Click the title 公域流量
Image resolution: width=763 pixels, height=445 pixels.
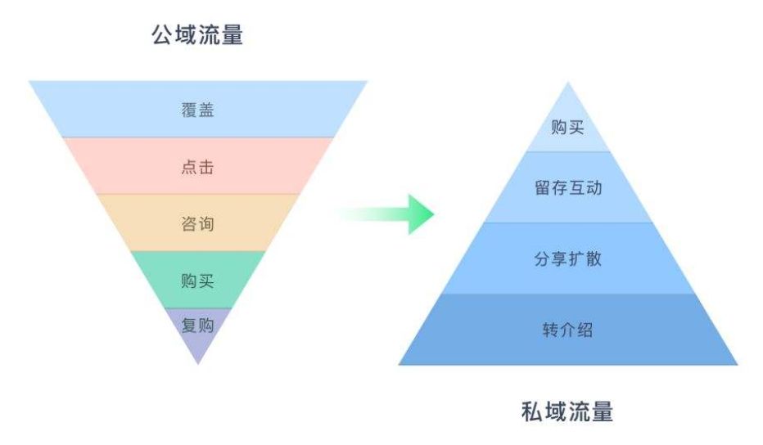(x=197, y=34)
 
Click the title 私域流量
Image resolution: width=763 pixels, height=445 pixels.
(x=567, y=410)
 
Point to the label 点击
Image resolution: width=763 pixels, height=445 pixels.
(x=197, y=167)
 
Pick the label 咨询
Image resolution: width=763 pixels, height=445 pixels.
(x=197, y=223)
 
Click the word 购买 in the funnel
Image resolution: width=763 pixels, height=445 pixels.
(x=197, y=281)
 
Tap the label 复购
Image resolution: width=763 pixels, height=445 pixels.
(x=197, y=326)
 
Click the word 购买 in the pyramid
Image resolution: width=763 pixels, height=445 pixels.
(x=567, y=128)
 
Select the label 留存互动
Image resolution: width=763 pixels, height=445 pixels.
(x=567, y=188)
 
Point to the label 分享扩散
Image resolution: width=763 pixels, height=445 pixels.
(x=567, y=259)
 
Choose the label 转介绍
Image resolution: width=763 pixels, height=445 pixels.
(x=567, y=330)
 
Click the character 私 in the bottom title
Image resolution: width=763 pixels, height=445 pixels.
(x=532, y=410)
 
